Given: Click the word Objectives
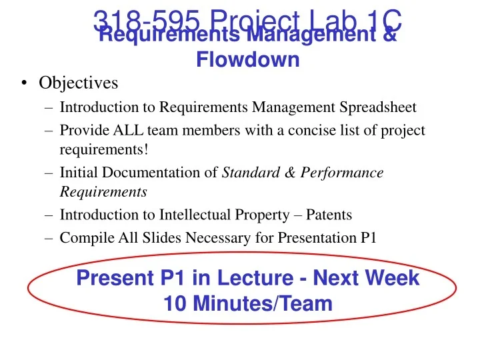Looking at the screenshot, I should tap(78, 83).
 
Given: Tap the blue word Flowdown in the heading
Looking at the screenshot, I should tap(247, 60).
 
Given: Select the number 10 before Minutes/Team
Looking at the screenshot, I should tap(175, 304).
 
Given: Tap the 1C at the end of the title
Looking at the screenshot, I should tap(382, 20).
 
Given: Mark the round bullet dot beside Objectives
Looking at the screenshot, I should tap(24, 84).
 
